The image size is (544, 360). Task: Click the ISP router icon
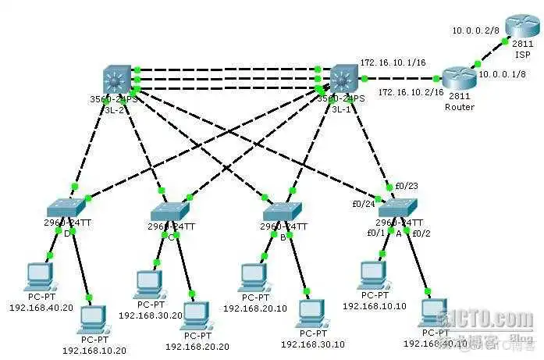click(516, 27)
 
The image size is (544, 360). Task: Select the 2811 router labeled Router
click(458, 78)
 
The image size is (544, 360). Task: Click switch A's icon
click(398, 208)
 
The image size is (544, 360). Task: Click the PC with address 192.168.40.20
click(39, 275)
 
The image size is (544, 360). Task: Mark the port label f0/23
click(407, 187)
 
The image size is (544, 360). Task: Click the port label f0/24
click(364, 205)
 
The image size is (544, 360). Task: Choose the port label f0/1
click(376, 233)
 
